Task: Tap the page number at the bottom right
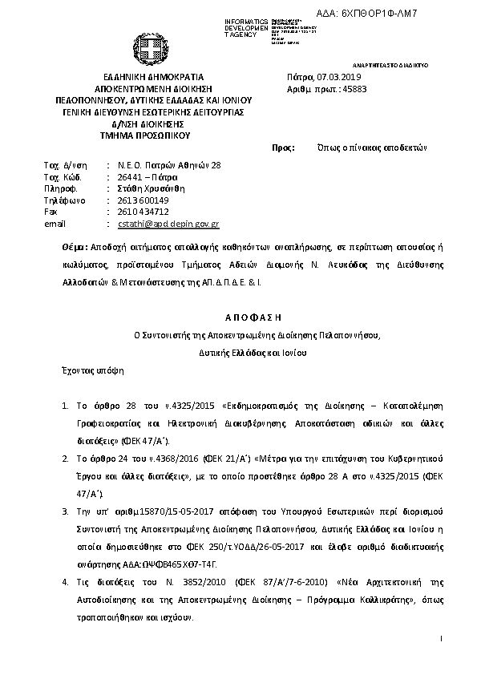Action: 442,638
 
